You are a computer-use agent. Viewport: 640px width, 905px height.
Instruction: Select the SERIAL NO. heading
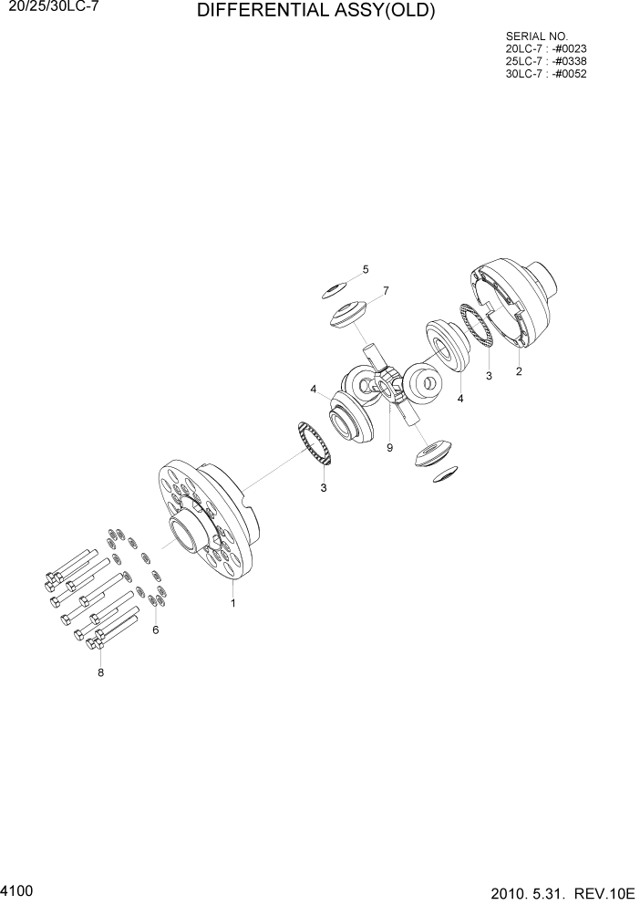536,36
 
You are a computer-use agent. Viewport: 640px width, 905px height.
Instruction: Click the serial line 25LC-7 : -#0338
545,61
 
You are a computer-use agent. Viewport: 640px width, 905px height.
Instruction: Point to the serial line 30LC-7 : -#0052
545,74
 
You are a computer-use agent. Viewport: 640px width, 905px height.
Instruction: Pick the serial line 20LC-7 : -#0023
545,49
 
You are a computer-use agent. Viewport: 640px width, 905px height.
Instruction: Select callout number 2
519,371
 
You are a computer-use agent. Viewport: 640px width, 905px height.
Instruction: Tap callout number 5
366,269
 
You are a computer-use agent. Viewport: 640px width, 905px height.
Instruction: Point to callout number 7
386,291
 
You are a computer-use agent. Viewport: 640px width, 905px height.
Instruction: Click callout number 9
389,448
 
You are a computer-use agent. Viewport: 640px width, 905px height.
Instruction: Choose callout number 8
100,672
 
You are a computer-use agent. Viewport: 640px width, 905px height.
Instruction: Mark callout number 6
155,629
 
